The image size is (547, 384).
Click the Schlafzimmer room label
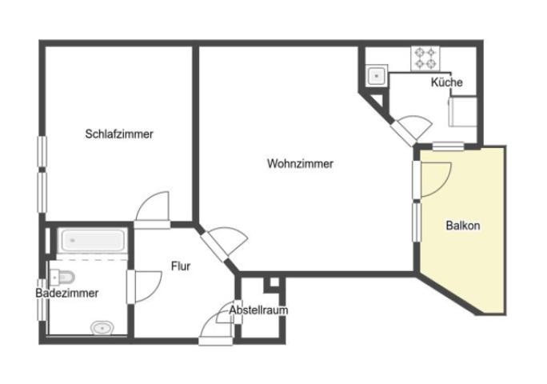pos(119,134)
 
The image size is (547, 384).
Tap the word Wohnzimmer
pos(300,164)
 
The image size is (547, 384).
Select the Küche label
pos(446,82)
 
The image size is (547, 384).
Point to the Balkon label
pos(463,226)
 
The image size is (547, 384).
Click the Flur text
pos(181,266)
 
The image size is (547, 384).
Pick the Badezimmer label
pos(67,294)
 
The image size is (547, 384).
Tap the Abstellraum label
pos(258,310)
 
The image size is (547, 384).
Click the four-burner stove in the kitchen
pos(425,58)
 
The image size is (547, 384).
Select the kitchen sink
pos(376,77)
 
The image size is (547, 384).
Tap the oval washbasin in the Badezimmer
pos(102,327)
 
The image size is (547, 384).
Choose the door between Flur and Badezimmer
pos(144,286)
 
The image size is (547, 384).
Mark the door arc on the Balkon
pos(437,178)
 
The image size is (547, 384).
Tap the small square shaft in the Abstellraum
pos(273,283)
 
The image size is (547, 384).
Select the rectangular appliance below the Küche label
pos(463,110)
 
